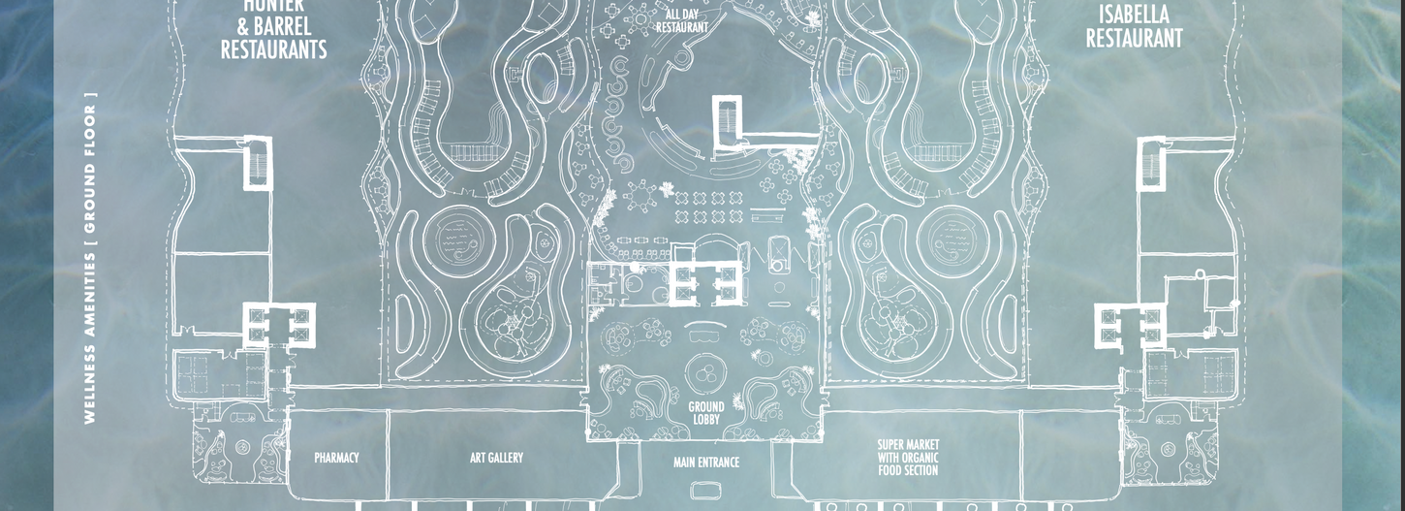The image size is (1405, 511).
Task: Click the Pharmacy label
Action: (x=336, y=458)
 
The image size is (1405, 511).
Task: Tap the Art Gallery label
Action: (x=496, y=458)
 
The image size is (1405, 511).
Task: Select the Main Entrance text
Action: (x=705, y=463)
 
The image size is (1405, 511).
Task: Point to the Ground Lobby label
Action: (x=706, y=413)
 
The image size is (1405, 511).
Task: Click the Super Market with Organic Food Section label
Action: (x=908, y=458)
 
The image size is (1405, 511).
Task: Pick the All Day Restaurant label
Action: (x=682, y=21)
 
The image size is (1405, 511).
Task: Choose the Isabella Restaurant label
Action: (x=1134, y=27)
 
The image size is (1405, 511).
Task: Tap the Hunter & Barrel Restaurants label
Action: (x=273, y=31)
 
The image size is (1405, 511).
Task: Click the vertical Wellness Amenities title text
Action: (x=90, y=258)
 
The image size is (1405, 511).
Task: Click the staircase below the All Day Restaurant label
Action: (x=726, y=121)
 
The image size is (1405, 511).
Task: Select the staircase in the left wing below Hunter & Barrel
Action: (x=257, y=161)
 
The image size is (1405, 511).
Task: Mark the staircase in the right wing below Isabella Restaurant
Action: (x=1151, y=161)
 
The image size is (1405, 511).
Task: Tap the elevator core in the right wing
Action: (x=1129, y=325)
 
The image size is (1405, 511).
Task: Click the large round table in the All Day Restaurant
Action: (x=640, y=199)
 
